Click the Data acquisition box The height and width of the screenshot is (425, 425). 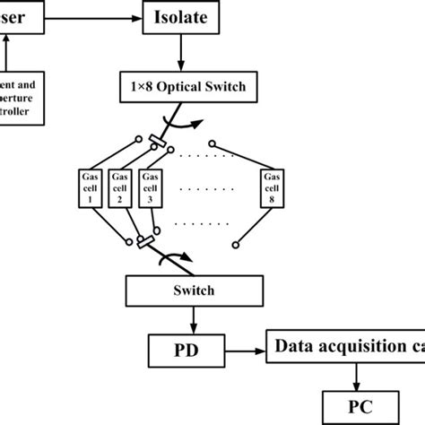point(346,345)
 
